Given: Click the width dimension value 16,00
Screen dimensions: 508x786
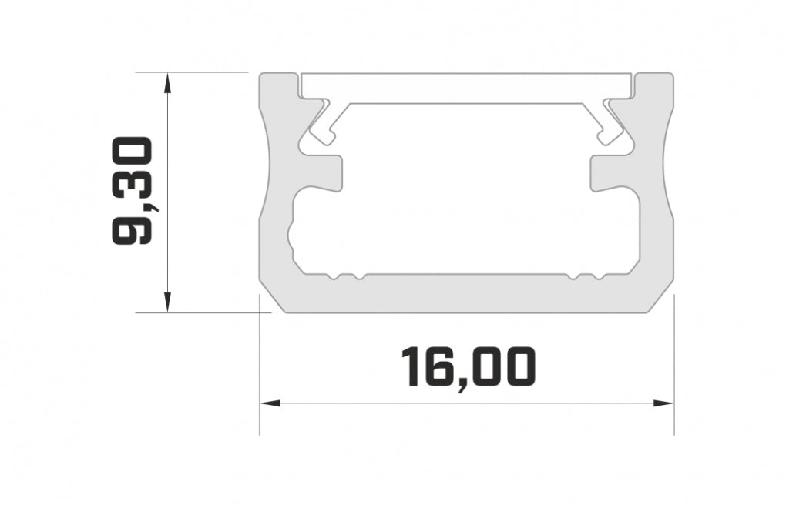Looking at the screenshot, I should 467,367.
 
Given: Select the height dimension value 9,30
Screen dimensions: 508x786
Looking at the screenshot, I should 133,192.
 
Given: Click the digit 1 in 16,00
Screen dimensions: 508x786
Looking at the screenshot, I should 411,367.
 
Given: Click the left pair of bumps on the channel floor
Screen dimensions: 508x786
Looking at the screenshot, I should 344,276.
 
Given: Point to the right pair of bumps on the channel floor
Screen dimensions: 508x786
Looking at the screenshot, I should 584,276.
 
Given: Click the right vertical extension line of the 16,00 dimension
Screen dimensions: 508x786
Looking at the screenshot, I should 674,369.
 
